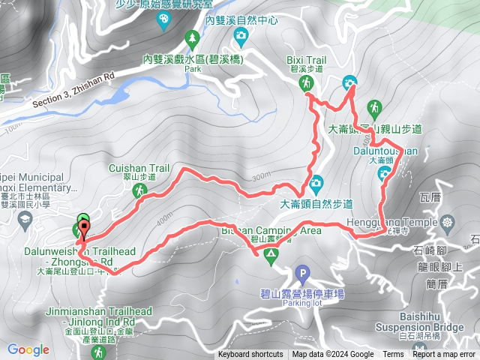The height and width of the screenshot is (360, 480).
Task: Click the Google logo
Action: (28, 349)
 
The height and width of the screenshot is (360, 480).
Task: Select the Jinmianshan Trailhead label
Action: (108, 311)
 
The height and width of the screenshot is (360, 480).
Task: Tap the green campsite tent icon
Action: (268, 257)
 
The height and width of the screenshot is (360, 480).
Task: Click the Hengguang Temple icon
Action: (448, 222)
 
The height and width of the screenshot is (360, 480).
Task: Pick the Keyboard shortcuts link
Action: (250, 355)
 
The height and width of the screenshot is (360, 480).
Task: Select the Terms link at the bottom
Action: (393, 355)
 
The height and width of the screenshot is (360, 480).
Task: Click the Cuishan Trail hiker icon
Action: (139, 192)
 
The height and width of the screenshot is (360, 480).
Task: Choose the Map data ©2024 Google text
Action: (333, 355)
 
